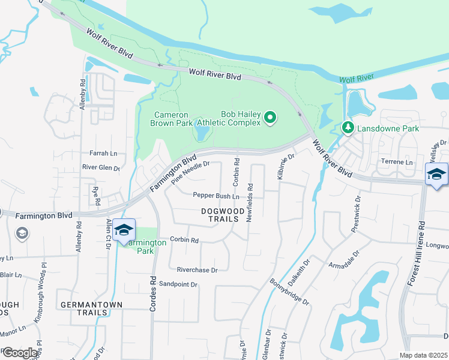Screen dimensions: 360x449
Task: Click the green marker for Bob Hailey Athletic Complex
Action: [x=270, y=118]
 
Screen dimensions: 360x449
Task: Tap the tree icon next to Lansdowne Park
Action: [x=348, y=128]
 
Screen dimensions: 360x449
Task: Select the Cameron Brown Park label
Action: [x=171, y=119]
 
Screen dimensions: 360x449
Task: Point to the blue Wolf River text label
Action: [x=357, y=79]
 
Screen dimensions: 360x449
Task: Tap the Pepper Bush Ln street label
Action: [x=216, y=196]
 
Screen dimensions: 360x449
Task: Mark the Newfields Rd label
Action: [x=249, y=203]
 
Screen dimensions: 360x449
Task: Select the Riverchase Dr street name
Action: [x=193, y=270]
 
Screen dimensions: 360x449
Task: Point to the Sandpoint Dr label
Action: [x=178, y=284]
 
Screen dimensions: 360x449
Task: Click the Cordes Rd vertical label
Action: [x=152, y=293]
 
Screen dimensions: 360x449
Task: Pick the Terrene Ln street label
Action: [x=397, y=162]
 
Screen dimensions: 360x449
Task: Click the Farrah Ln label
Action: [x=103, y=154]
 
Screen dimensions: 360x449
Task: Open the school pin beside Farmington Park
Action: [x=124, y=232]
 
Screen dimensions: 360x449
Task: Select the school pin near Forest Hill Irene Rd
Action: [x=436, y=175]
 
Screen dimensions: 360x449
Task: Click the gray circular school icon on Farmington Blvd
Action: [x=22, y=233]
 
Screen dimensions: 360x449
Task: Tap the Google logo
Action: [x=19, y=353]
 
